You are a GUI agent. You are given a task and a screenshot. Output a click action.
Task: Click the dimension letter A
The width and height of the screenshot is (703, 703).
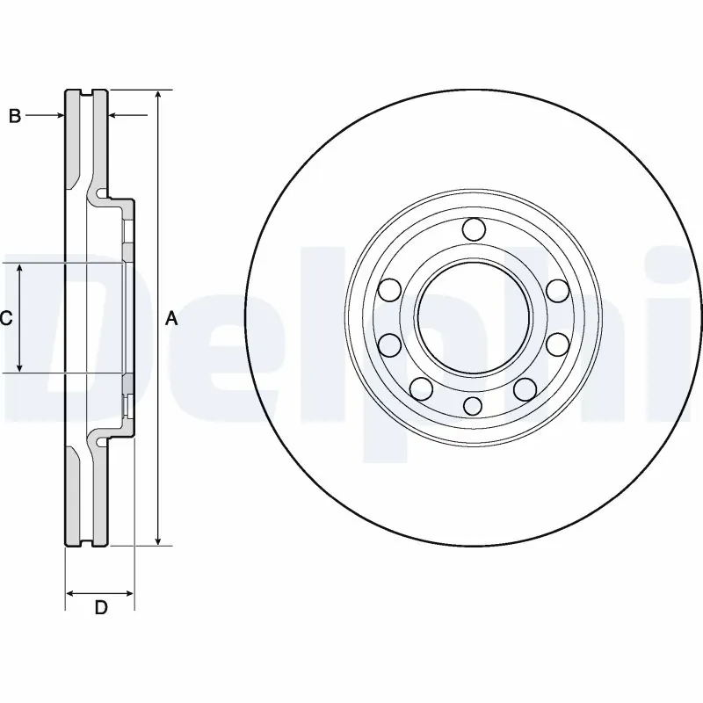[172, 319]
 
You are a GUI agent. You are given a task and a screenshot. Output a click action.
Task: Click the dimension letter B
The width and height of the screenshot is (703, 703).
[14, 115]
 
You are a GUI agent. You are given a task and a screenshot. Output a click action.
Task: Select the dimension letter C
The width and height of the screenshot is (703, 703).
[5, 319]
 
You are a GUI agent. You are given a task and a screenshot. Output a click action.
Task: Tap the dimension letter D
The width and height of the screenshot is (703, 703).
[100, 607]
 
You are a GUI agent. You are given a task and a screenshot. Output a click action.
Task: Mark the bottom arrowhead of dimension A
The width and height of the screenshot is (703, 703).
[158, 540]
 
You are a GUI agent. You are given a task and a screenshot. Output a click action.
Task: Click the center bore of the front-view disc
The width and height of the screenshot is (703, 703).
[473, 317]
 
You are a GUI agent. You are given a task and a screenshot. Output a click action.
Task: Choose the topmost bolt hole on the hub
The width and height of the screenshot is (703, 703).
[473, 230]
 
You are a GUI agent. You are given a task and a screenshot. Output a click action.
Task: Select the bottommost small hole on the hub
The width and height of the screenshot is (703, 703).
[473, 404]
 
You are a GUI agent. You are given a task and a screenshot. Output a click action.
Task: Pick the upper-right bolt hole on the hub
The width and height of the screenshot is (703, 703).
[555, 290]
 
